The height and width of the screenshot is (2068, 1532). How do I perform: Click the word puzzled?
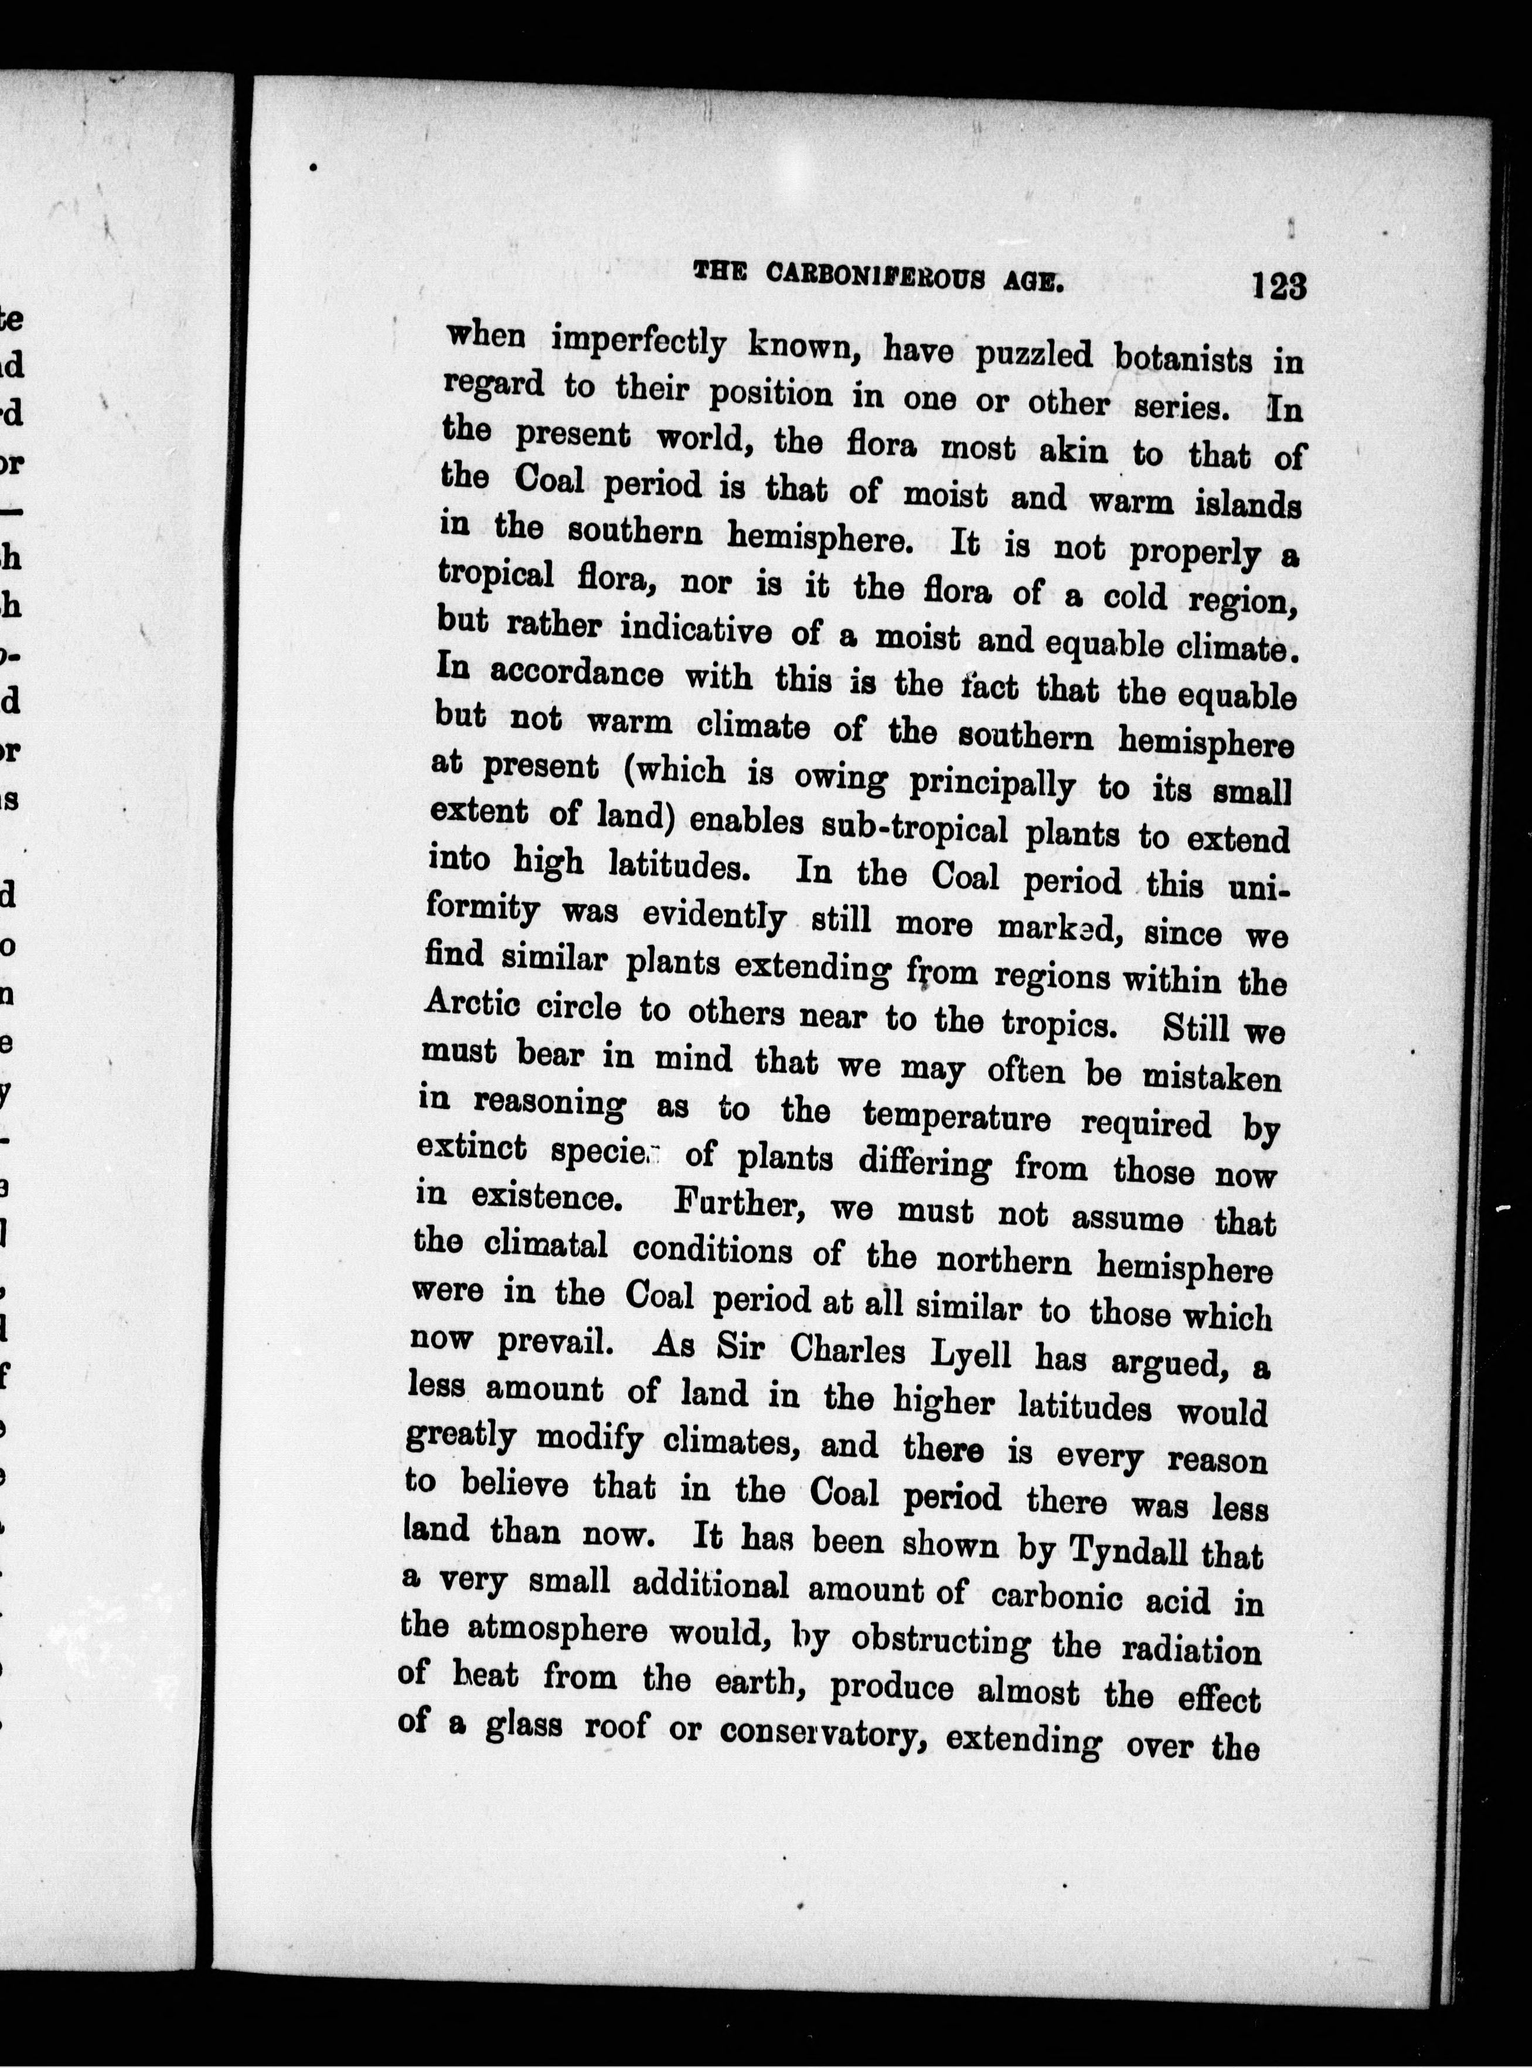[1027, 354]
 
